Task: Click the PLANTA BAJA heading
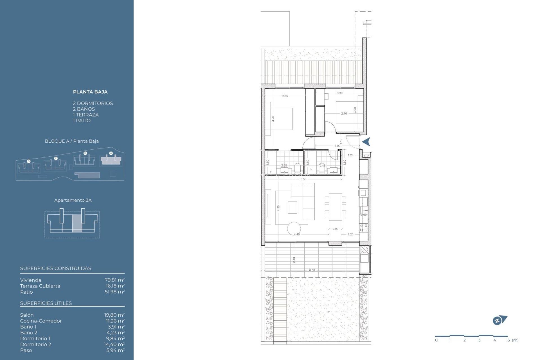pos(90,92)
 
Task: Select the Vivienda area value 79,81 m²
pos(114,280)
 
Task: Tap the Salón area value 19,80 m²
pos(114,315)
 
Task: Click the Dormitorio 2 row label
pos(35,344)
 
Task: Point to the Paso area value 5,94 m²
pos(115,350)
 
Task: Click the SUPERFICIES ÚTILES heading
pos(46,303)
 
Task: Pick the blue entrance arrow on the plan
pos(366,142)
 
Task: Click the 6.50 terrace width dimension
pos(312,270)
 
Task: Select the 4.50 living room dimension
pos(278,208)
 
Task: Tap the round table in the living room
pos(294,229)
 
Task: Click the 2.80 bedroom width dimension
pos(285,96)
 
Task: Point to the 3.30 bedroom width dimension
pos(339,93)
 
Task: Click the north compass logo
pos(499,320)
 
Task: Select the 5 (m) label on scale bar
pos(513,340)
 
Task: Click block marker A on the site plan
pos(111,153)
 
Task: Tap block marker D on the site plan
pos(29,161)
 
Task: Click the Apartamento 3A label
pos(73,200)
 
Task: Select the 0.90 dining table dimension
pos(335,229)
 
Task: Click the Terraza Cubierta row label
pos(40,286)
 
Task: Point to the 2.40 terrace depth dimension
pos(294,260)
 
